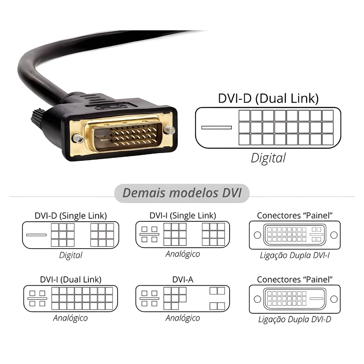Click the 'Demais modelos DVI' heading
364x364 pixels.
click(182, 193)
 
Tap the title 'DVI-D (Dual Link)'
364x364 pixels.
click(268, 98)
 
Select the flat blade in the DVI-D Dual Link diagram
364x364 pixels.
click(217, 127)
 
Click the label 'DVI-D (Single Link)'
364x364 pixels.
click(71, 215)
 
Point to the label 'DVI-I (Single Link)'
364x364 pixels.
click(183, 215)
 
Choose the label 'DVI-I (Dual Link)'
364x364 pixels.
click(71, 280)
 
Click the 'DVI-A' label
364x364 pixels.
click(183, 280)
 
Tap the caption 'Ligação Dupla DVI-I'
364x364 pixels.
click(295, 255)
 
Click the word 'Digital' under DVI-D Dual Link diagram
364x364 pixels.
click(268, 158)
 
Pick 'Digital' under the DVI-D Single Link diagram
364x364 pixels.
click(71, 255)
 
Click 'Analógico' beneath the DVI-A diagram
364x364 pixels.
click(183, 318)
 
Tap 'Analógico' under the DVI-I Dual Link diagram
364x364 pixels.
click(71, 318)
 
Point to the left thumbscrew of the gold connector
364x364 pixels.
click(76, 138)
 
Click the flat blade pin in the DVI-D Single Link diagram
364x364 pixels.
click(36, 235)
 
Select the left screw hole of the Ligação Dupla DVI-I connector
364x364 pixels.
click(257, 235)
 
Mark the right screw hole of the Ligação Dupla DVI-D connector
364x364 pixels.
click(333, 299)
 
